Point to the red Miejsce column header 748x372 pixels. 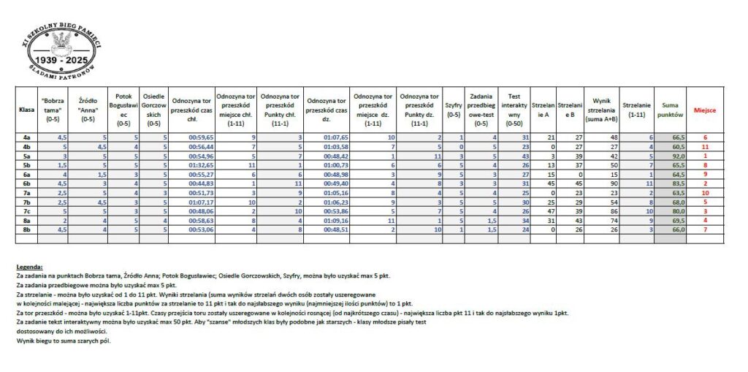click(x=705, y=109)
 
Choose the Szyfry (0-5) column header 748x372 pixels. click(x=453, y=109)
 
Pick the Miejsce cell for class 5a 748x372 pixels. click(x=706, y=155)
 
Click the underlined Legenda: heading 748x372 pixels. click(x=29, y=267)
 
